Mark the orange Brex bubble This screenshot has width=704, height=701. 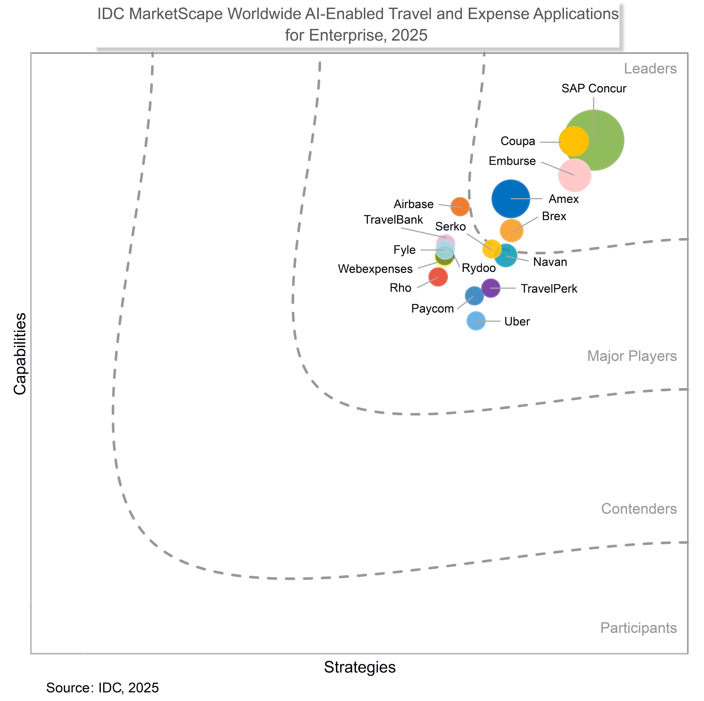(x=511, y=230)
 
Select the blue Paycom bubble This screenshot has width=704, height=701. (x=474, y=296)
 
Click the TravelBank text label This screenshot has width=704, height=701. (x=394, y=220)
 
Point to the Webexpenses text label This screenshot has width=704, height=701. (x=375, y=269)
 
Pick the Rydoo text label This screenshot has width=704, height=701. (x=479, y=268)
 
